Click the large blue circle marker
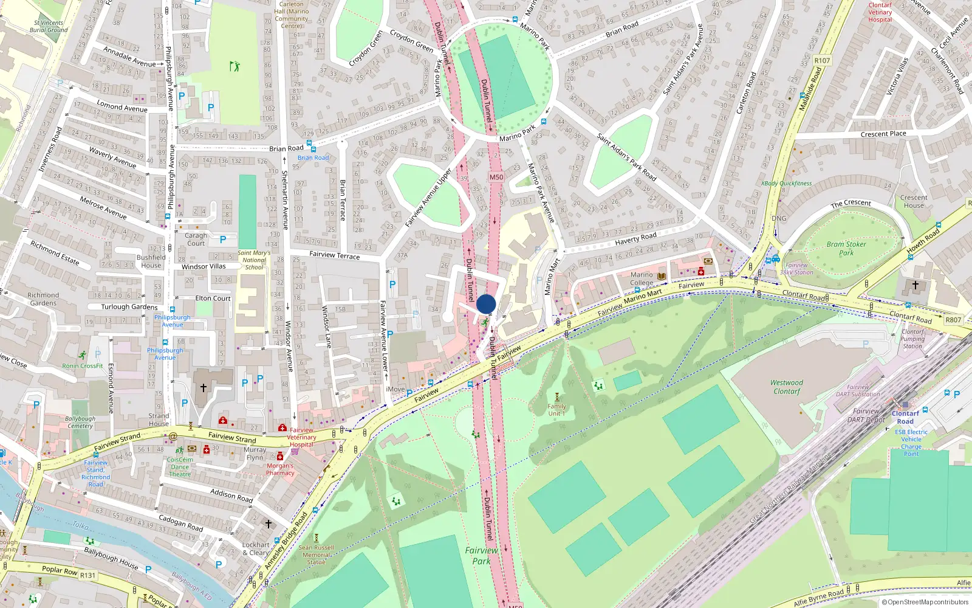click(x=486, y=304)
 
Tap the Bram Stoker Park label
click(x=846, y=248)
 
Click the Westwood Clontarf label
click(x=787, y=387)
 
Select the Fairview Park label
click(x=481, y=555)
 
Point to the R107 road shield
click(x=822, y=60)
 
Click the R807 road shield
click(x=953, y=320)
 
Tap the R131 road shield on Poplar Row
click(x=88, y=575)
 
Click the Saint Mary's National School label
click(x=254, y=260)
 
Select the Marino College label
click(x=642, y=278)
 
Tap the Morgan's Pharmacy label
click(x=280, y=469)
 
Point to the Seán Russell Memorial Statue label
click(x=317, y=554)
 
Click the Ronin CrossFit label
click(x=83, y=366)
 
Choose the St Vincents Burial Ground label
click(x=49, y=26)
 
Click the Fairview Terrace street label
click(x=334, y=255)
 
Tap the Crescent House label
click(x=914, y=201)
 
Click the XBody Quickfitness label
click(x=786, y=183)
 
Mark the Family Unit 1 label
click(x=556, y=410)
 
